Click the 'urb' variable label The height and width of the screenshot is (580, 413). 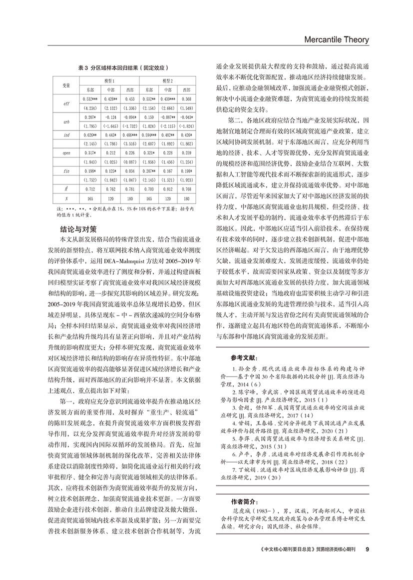[x=66, y=121]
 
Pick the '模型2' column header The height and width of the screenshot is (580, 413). [x=168, y=80]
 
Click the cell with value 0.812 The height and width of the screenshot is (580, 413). [x=168, y=189]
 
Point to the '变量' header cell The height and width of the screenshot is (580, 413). [x=66, y=85]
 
